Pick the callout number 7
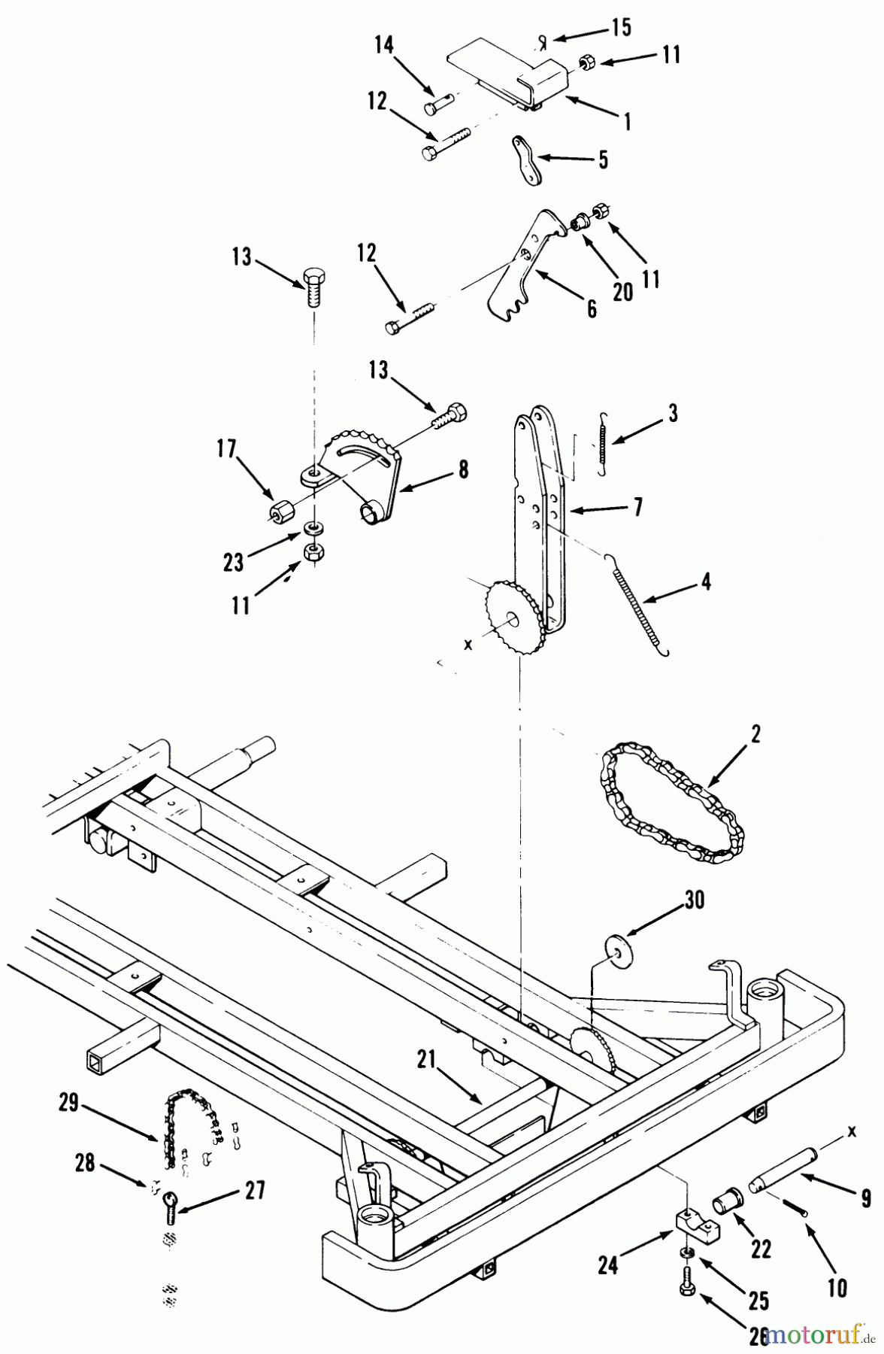637,508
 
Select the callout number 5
603,160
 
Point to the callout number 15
621,29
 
